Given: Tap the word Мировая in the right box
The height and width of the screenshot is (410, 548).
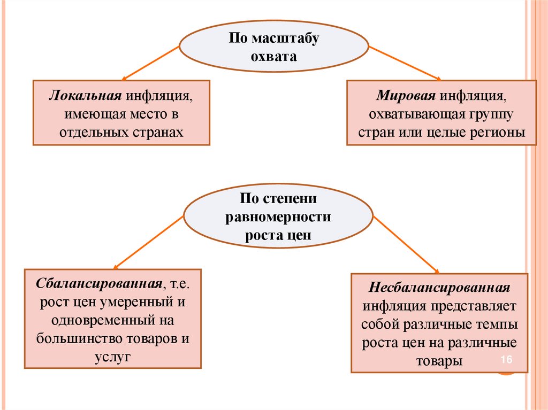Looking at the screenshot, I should coord(407,96).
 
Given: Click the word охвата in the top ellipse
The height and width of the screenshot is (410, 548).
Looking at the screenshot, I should coord(274,56).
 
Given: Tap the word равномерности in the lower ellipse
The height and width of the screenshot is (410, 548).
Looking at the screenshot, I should coord(279,217).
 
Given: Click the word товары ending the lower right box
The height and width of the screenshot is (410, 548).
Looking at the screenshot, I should coord(439,360).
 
